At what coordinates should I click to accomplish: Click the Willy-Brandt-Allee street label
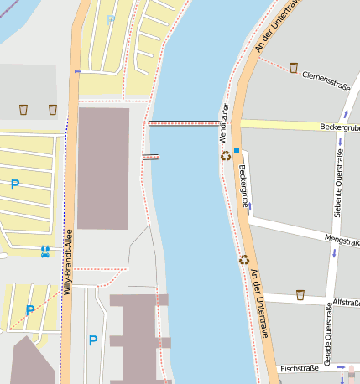pyautogui.click(x=69, y=262)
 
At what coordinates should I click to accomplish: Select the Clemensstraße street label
pyautogui.click(x=325, y=80)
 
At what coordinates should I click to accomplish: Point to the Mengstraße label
pyautogui.click(x=341, y=241)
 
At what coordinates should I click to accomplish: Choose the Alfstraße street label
pyautogui.click(x=346, y=302)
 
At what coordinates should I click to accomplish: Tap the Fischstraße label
pyautogui.click(x=300, y=368)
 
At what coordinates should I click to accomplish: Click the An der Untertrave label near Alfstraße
pyautogui.click(x=259, y=304)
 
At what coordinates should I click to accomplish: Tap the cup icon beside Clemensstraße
pyautogui.click(x=294, y=68)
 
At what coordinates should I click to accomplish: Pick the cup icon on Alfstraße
pyautogui.click(x=300, y=294)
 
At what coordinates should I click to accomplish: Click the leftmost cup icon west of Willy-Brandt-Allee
pyautogui.click(x=23, y=109)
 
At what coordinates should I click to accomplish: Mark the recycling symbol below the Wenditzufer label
pyautogui.click(x=225, y=155)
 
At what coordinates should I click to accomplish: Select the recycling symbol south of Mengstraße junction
pyautogui.click(x=244, y=260)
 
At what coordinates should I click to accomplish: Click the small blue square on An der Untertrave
pyautogui.click(x=237, y=151)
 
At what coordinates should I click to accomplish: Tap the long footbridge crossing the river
pyautogui.click(x=183, y=123)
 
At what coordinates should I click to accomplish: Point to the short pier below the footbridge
pyautogui.click(x=151, y=157)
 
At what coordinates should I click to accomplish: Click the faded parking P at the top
pyautogui.click(x=110, y=18)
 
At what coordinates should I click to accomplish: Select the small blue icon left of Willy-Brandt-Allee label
pyautogui.click(x=44, y=250)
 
